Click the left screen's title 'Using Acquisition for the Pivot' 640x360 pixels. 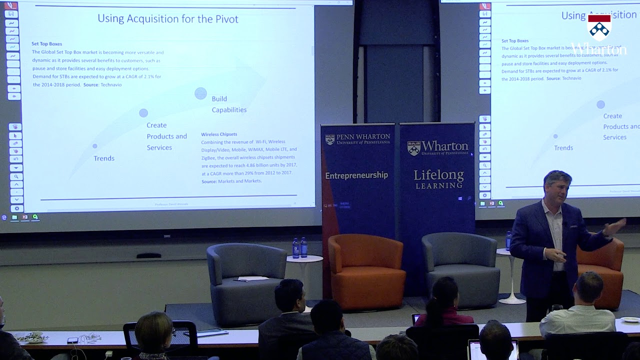[x=167, y=19]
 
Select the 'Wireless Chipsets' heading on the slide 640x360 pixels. [x=219, y=134]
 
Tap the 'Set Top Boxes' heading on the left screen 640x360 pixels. [x=46, y=44]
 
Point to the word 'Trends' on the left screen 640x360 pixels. [x=104, y=158]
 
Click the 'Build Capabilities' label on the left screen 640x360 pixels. [x=228, y=104]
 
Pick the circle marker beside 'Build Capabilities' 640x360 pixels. [x=200, y=93]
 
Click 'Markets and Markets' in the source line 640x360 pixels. [x=239, y=181]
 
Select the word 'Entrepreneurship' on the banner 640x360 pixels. [x=356, y=175]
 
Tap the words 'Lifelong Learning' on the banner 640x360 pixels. [x=438, y=179]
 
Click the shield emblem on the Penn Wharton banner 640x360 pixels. [x=330, y=139]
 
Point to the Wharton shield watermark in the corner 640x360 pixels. [x=599, y=27]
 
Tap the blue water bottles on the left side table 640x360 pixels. [x=299, y=248]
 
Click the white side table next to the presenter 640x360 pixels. [x=511, y=275]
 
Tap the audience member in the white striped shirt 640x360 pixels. [x=579, y=310]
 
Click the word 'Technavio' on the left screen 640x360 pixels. [x=111, y=85]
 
